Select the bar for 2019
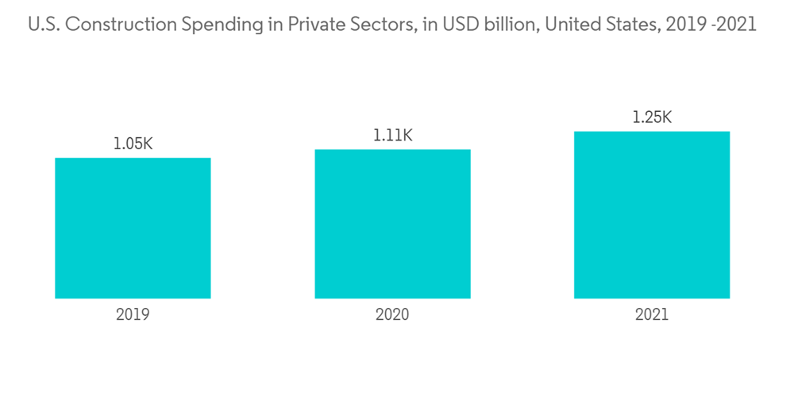pyautogui.click(x=133, y=228)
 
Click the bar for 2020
pyautogui.click(x=392, y=224)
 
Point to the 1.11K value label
pyautogui.click(x=392, y=136)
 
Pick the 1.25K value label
pyautogui.click(x=652, y=117)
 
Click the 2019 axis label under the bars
pyautogui.click(x=133, y=314)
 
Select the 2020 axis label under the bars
pyautogui.click(x=392, y=314)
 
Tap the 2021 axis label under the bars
pyautogui.click(x=652, y=314)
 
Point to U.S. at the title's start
pyautogui.click(x=43, y=25)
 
